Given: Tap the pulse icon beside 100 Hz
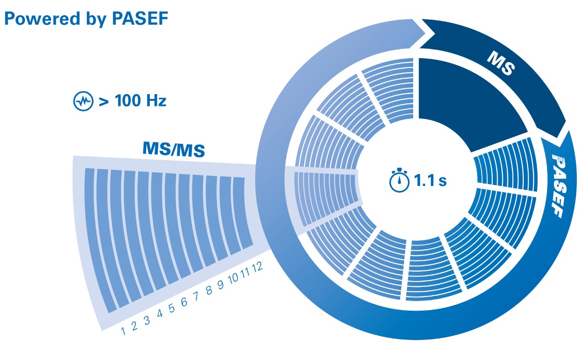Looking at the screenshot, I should click(83, 101).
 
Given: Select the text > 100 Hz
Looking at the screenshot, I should click(133, 101).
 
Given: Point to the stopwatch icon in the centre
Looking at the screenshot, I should click(399, 180).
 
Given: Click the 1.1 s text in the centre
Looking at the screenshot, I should click(430, 180).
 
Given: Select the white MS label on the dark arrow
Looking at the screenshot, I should click(501, 63).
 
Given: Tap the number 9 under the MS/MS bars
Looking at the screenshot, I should click(221, 285).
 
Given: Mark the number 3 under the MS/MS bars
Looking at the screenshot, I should click(147, 320).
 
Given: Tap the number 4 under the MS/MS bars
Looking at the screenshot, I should click(160, 314).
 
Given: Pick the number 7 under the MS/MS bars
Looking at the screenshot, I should click(197, 296).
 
